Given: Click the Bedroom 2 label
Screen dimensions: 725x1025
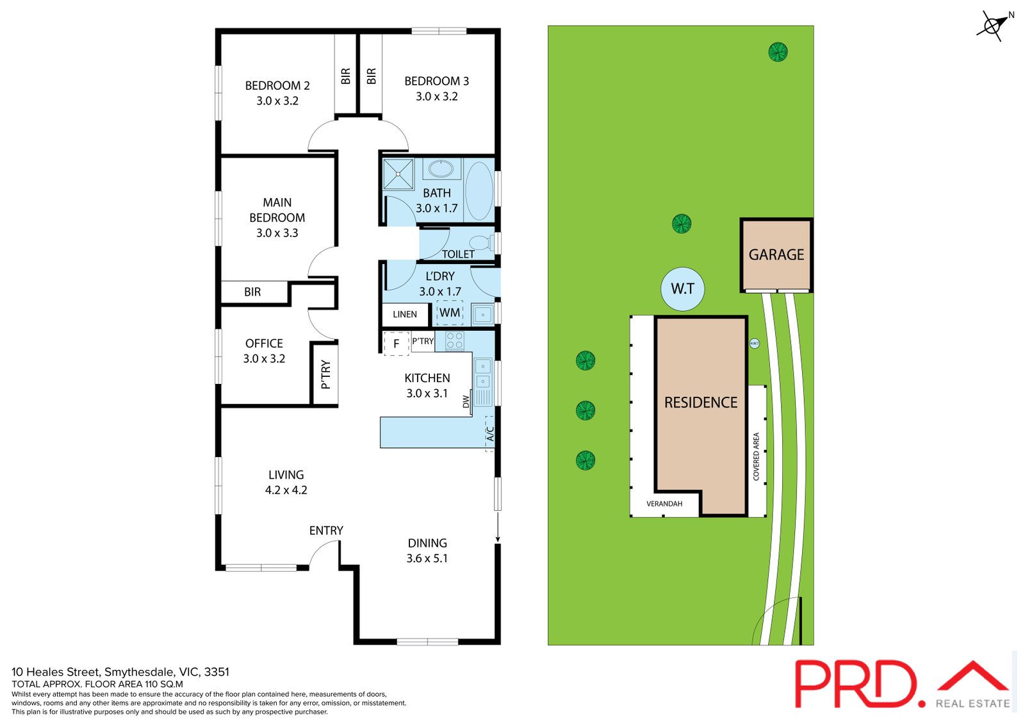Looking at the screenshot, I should click(277, 85).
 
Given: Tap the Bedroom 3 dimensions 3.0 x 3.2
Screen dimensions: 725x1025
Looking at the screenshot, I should click(436, 97).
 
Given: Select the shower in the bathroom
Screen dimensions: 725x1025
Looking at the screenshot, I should click(398, 174).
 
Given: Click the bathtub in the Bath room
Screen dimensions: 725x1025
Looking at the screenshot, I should click(479, 191).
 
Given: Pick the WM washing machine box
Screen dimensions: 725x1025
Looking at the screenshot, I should click(450, 313).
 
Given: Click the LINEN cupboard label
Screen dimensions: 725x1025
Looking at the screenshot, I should click(404, 314).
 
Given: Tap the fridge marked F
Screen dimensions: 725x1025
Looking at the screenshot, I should click(396, 344).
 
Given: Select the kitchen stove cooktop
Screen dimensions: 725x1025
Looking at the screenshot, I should click(454, 341).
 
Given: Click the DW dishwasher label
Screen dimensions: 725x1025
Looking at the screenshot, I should click(466, 401).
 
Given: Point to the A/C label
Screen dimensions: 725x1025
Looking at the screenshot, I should click(490, 434).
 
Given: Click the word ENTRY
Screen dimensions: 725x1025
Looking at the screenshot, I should click(326, 530).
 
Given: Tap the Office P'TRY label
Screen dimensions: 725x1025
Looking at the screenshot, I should click(325, 374).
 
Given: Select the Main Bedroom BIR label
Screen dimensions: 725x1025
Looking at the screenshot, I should click(252, 292).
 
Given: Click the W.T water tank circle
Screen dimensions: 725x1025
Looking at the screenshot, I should click(682, 289).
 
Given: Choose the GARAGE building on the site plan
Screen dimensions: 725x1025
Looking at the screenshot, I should click(776, 255).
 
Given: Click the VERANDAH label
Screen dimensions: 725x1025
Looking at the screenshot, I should click(664, 504).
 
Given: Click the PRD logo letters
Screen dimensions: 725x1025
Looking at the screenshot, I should click(857, 684).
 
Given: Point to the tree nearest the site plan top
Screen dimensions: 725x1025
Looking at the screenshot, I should click(778, 52).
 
